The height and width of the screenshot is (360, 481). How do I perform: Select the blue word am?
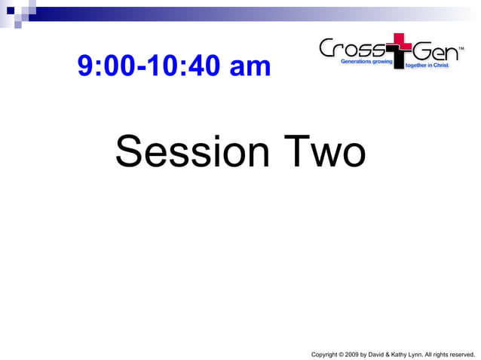point(250,67)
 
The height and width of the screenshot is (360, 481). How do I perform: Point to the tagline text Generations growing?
point(363,61)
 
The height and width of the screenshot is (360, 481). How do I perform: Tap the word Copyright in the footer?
point(323,353)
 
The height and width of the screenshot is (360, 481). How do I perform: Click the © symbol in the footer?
point(342,353)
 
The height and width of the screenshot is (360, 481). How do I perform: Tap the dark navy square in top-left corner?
point(11,11)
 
